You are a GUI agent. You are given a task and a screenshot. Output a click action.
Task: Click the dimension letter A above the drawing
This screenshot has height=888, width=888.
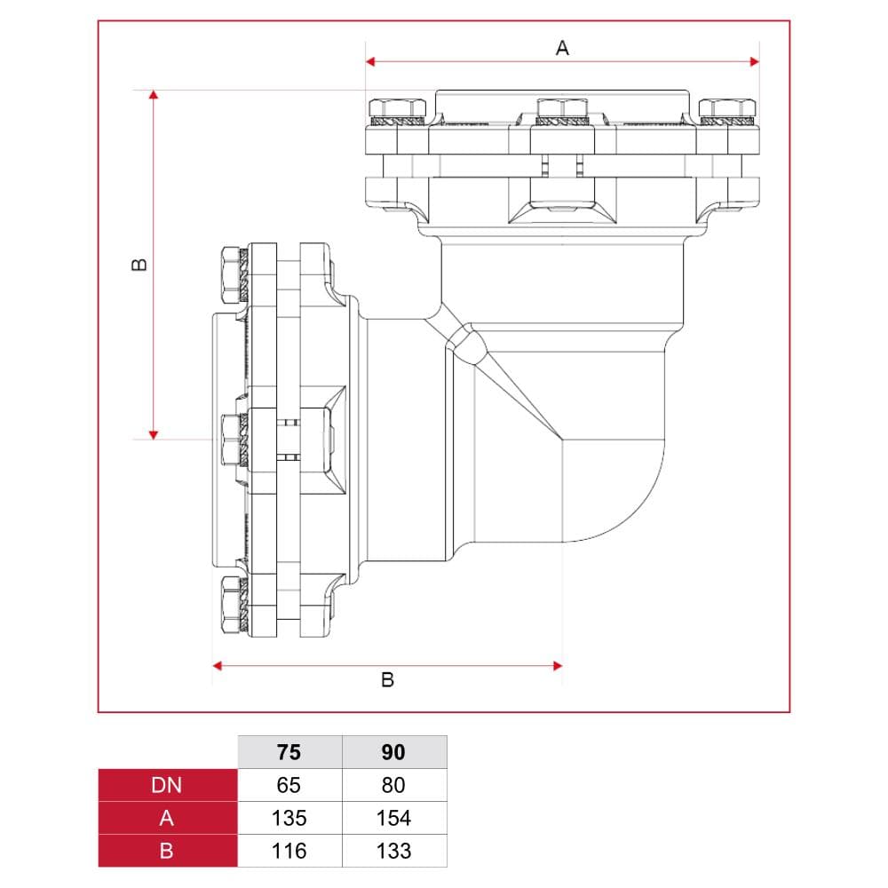(562, 48)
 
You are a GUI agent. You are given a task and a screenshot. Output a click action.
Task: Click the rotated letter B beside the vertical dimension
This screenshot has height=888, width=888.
(139, 265)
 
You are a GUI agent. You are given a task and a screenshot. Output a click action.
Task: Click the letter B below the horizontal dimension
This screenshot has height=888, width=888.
(387, 679)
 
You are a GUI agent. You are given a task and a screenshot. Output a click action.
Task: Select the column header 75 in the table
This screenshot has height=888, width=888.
(289, 752)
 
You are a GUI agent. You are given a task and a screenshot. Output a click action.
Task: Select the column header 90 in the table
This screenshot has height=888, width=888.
(393, 752)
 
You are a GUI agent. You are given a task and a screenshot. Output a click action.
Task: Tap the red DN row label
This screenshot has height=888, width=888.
(167, 785)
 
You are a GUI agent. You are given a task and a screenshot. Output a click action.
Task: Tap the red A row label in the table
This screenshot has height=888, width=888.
(167, 818)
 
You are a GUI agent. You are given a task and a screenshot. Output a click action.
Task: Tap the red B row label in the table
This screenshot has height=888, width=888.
(167, 851)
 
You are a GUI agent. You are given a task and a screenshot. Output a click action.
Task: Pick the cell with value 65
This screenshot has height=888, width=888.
(289, 785)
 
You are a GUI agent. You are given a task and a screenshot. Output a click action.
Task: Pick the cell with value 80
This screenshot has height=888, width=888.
(393, 785)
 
